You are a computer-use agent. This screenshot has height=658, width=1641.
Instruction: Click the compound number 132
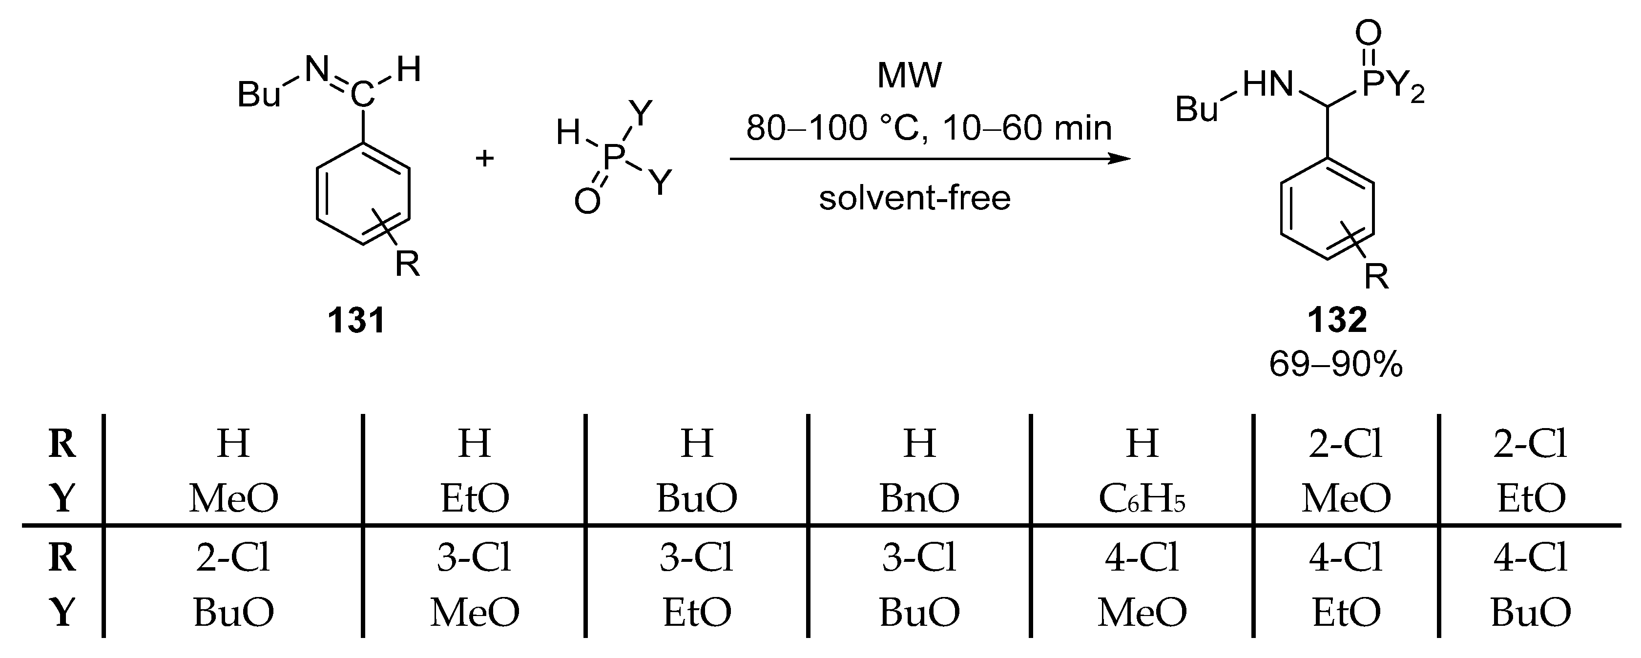coord(1336,320)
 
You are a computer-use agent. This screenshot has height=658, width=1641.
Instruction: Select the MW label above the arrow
coord(909,75)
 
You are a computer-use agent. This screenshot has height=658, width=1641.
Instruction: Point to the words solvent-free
coord(915,198)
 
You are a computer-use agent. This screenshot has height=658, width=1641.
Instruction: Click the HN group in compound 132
coord(1267,85)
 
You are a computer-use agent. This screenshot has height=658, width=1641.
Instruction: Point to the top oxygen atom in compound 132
coord(1369,32)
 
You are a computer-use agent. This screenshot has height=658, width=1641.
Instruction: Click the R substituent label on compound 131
coord(408,263)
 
